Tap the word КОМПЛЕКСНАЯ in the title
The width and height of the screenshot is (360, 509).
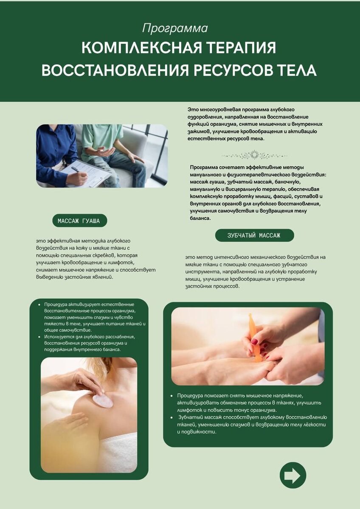tap(142, 48)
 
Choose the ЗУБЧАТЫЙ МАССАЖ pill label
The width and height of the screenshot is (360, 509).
tap(254, 235)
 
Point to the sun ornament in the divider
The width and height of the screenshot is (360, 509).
tap(254, 155)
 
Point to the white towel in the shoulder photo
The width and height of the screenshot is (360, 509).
tap(119, 451)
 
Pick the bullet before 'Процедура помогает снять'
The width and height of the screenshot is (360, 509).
tap(172, 396)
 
